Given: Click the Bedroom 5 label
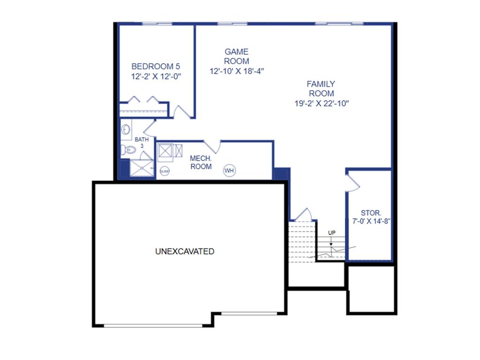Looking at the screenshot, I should (x=156, y=66).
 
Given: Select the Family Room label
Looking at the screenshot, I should (x=321, y=89).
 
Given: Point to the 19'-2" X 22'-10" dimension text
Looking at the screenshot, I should (x=322, y=104).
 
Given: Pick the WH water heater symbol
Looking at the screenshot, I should (x=229, y=171).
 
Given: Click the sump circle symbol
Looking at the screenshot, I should (x=165, y=172).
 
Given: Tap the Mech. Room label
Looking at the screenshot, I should (x=201, y=163).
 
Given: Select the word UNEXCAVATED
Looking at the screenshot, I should (x=185, y=252).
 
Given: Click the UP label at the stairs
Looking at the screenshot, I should (x=332, y=233).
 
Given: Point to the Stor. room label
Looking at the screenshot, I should (x=371, y=213).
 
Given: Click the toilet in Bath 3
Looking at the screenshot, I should (x=127, y=150).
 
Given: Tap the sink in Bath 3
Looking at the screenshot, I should (x=126, y=129).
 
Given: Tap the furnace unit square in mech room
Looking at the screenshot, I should (x=166, y=151).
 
